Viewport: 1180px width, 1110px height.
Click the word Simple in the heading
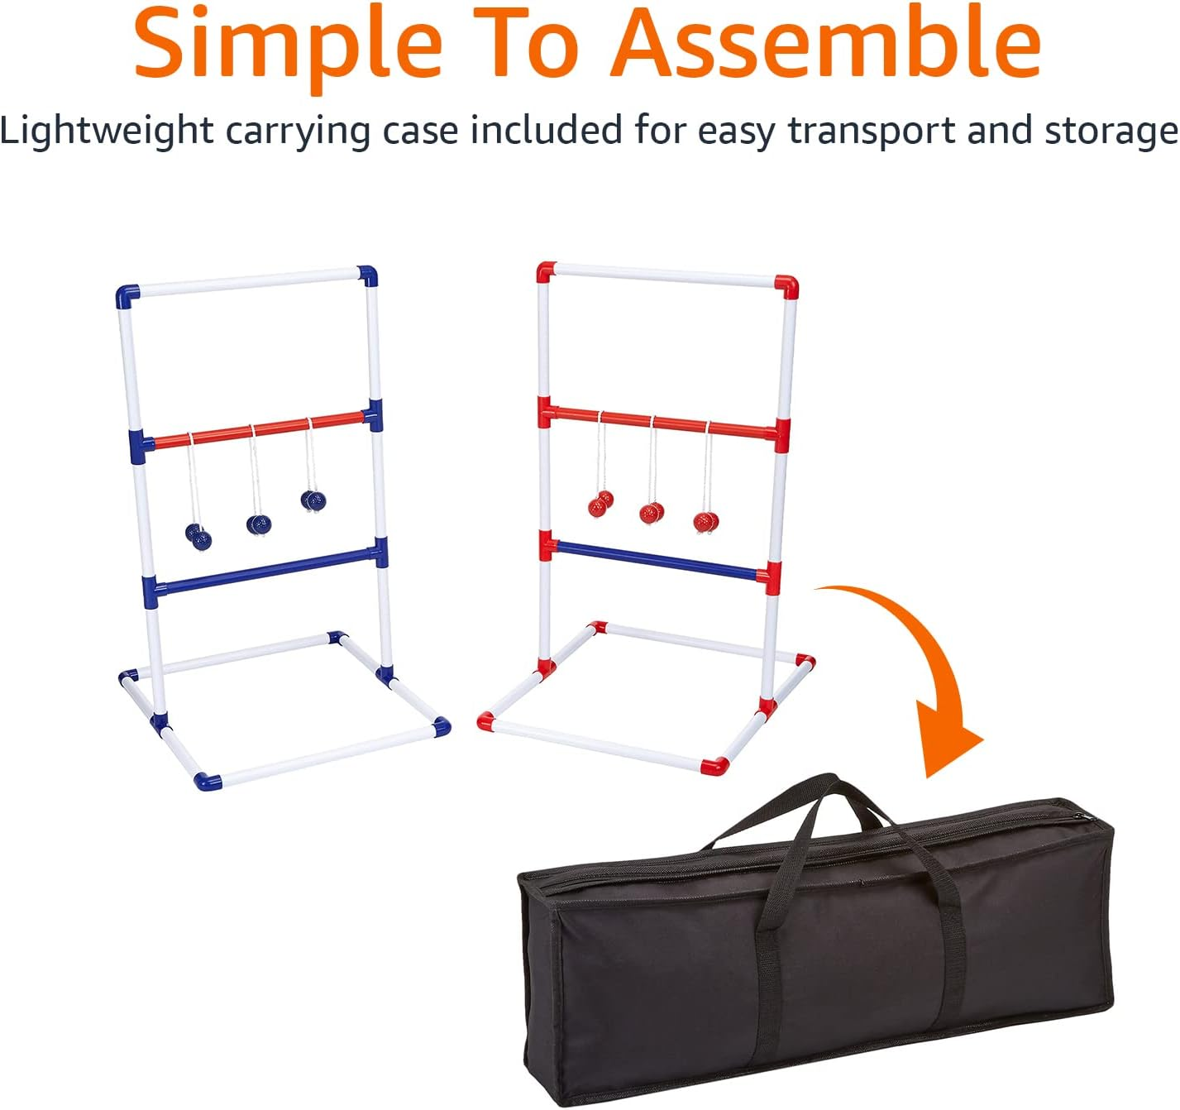point(287,43)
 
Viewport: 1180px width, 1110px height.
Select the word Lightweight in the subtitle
point(107,131)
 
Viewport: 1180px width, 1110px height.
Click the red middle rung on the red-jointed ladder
point(662,420)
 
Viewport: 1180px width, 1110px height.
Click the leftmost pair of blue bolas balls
point(198,537)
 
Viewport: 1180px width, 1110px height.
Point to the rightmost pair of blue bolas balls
point(313,500)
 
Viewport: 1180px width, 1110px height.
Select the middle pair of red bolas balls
point(652,513)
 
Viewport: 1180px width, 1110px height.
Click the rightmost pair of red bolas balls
point(706,521)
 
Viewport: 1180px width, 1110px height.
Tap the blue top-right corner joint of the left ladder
point(367,275)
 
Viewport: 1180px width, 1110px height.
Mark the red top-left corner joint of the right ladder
point(545,271)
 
